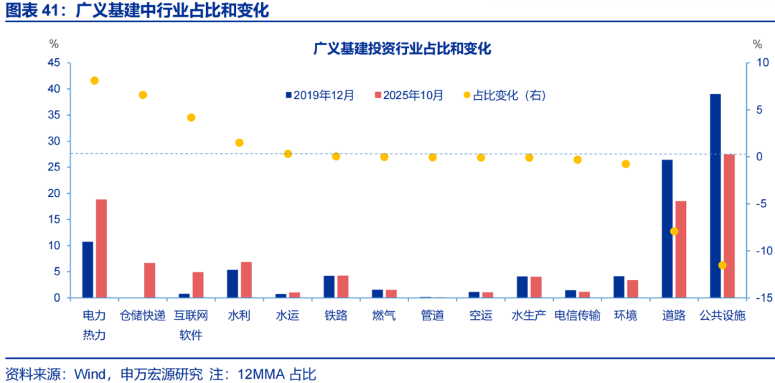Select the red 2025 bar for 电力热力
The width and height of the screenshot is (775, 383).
tap(101, 248)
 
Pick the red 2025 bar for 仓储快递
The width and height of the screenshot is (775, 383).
tap(149, 280)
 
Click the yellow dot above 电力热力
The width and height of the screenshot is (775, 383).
tap(94, 80)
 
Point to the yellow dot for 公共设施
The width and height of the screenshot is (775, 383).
tap(722, 265)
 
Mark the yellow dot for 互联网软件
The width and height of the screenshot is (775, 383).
tap(191, 117)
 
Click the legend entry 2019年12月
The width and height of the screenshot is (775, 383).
tap(324, 95)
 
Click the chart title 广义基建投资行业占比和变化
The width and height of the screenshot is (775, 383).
tap(402, 49)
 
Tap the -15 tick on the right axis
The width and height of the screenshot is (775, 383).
tap(760, 297)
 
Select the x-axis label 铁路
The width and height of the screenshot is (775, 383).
tap(336, 315)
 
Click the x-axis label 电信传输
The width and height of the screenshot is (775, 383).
tap(577, 315)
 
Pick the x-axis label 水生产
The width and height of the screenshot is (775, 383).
tap(529, 315)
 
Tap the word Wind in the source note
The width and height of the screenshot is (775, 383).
tap(78, 374)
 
